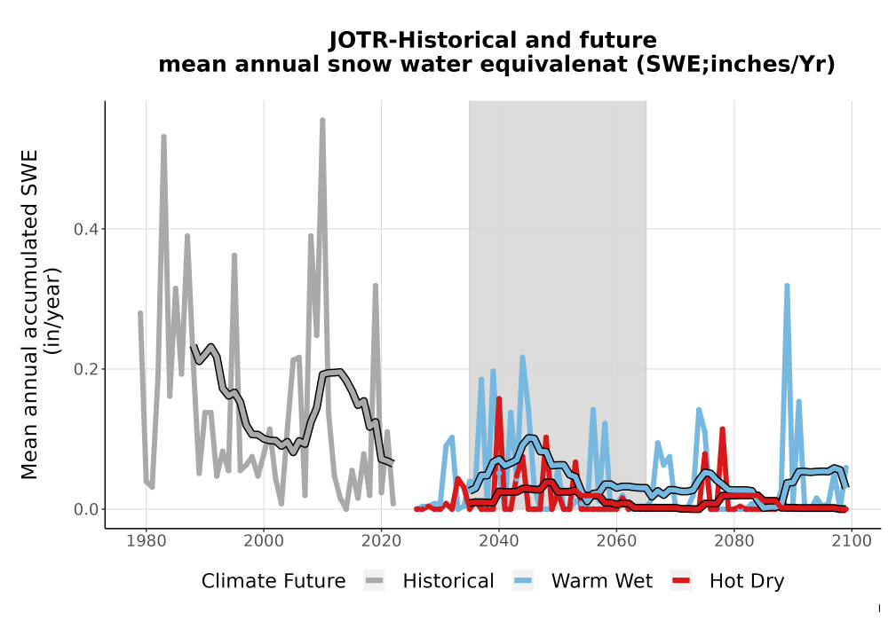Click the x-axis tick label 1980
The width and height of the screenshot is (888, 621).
click(x=147, y=541)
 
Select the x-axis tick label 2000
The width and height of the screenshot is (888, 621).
click(x=264, y=541)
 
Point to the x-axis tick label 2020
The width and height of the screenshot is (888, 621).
click(x=381, y=541)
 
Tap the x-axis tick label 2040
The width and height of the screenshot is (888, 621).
click(x=499, y=541)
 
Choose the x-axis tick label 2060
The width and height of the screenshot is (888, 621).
click(x=616, y=541)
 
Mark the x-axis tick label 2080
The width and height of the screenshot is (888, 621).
click(x=734, y=541)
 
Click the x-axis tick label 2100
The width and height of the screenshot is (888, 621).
click(x=852, y=541)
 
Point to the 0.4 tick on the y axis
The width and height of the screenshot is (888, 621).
click(x=86, y=229)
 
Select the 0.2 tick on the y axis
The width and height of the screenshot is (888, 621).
click(x=86, y=369)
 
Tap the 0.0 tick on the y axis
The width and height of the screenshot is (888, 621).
click(x=86, y=509)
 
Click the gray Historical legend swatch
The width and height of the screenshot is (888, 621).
click(x=375, y=581)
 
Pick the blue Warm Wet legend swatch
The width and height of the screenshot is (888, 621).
click(x=523, y=581)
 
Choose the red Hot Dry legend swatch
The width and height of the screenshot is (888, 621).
click(x=681, y=581)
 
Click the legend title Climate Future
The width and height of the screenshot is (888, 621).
click(x=274, y=581)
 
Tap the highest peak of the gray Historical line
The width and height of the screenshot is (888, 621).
click(x=322, y=120)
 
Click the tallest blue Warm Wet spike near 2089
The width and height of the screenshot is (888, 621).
click(x=787, y=286)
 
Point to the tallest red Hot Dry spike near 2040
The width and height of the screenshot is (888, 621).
click(x=499, y=398)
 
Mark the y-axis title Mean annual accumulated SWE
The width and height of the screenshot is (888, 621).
click(x=29, y=314)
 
